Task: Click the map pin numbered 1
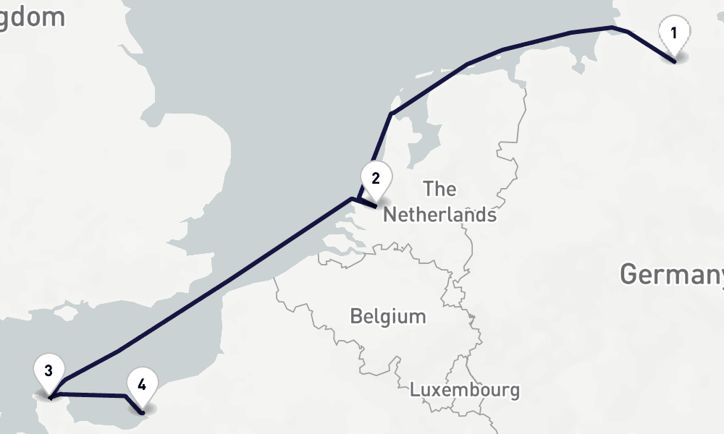click(x=674, y=35)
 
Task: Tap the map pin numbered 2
click(x=376, y=179)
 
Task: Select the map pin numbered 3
click(x=49, y=373)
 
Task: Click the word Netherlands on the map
click(x=439, y=215)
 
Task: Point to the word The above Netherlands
click(x=440, y=190)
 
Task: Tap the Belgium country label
click(x=387, y=316)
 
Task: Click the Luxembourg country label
click(x=464, y=390)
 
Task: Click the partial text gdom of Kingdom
click(x=33, y=17)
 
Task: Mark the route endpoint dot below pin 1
click(x=675, y=62)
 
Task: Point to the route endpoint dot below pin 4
click(x=143, y=413)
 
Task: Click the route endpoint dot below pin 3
click(x=49, y=397)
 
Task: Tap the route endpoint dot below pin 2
click(x=375, y=206)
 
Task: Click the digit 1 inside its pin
click(x=674, y=33)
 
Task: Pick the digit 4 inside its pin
click(x=142, y=383)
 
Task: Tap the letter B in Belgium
click(x=355, y=316)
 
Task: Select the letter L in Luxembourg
click(x=414, y=390)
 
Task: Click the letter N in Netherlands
click(x=390, y=215)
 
